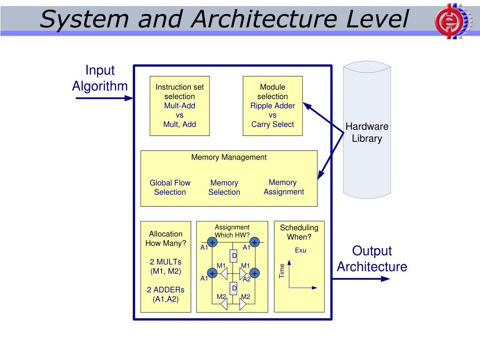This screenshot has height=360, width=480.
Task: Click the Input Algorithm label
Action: click(x=100, y=78)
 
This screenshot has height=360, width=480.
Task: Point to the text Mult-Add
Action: click(x=180, y=105)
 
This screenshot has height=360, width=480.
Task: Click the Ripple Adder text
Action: click(x=272, y=105)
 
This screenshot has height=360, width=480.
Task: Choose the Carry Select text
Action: click(x=272, y=124)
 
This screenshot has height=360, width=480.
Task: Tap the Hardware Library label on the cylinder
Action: click(x=367, y=133)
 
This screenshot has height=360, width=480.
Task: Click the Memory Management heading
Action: click(x=229, y=157)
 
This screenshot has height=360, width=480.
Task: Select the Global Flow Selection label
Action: click(x=170, y=187)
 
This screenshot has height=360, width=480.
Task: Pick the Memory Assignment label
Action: click(x=283, y=187)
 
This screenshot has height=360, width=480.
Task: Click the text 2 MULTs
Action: click(x=165, y=262)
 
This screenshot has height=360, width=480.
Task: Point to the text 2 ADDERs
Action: click(x=165, y=290)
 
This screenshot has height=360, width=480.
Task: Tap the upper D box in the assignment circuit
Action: click(x=233, y=255)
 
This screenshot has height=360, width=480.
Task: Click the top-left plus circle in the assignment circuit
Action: click(x=212, y=242)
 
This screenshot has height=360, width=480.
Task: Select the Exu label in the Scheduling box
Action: click(x=300, y=250)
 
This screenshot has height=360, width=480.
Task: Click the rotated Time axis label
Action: click(x=282, y=271)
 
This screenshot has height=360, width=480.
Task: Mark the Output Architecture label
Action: click(x=372, y=259)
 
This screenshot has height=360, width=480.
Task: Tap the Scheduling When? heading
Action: click(x=299, y=232)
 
